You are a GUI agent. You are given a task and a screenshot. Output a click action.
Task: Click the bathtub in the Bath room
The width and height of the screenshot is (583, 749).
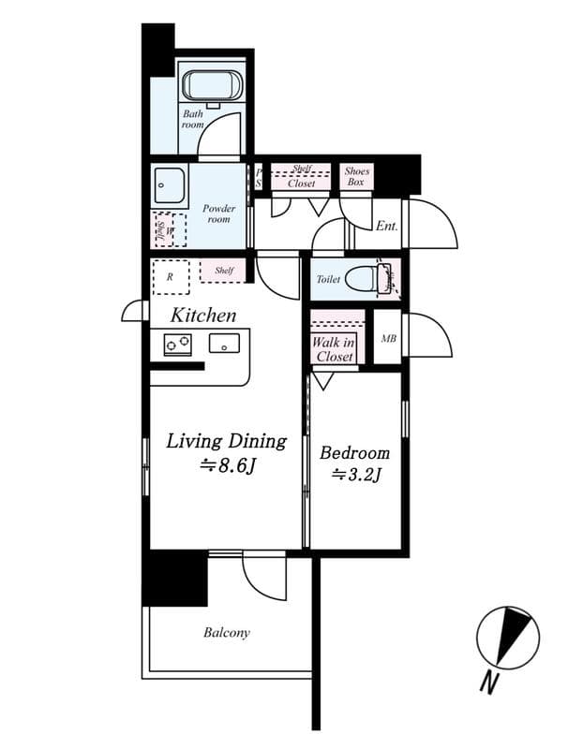tap(212, 86)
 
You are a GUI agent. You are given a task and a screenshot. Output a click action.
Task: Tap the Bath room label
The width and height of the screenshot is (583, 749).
tap(193, 119)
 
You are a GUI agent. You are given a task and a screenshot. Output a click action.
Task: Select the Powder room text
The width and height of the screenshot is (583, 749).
tap(218, 213)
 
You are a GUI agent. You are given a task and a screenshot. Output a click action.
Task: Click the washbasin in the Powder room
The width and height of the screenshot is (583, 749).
tap(170, 185)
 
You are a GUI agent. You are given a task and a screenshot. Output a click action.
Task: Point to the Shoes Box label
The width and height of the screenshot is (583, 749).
tap(356, 177)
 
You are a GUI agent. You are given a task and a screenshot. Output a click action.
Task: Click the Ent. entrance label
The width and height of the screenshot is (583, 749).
tap(386, 226)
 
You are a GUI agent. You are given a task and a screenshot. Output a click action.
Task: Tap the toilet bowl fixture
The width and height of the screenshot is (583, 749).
tap(366, 279)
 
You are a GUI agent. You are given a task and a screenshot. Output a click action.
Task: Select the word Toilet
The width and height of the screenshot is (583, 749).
tap(328, 279)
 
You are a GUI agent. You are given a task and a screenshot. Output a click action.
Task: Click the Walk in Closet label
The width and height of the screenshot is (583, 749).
tap(334, 349)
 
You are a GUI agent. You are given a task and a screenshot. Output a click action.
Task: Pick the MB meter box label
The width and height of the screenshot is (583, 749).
tap(388, 339)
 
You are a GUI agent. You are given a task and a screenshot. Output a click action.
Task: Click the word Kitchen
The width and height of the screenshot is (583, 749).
tap(202, 315)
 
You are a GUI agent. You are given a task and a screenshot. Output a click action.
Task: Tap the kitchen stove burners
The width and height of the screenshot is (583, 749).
tap(178, 345)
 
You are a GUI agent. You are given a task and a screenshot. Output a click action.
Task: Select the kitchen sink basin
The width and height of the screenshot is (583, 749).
tap(223, 343)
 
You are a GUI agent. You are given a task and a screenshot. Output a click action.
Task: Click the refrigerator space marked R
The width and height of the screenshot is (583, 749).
tap(170, 277)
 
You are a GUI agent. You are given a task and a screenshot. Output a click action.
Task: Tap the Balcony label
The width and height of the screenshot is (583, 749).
tap(227, 633)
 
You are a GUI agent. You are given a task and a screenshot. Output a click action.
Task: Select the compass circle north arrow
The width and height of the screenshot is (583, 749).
tap(507, 639)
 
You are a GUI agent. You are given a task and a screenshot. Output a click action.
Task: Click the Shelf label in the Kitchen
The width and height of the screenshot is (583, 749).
tap(224, 271)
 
